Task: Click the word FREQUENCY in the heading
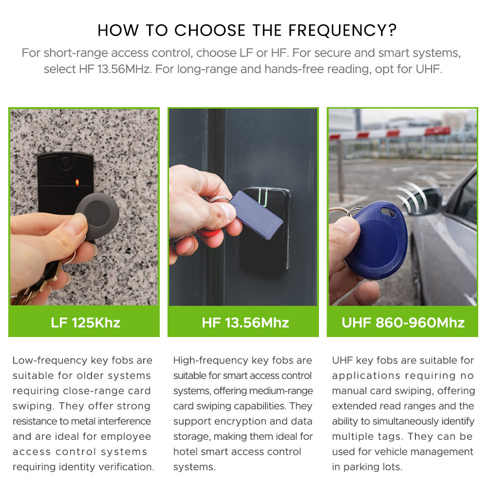(342, 30)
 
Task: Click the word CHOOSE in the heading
(210, 30)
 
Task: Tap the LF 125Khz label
(85, 323)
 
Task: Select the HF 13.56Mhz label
(245, 323)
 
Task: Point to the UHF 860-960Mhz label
(403, 323)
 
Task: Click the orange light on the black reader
(77, 182)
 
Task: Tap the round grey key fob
(97, 215)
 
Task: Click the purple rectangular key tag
(257, 215)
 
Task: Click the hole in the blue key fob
(388, 213)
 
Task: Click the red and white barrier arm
(390, 132)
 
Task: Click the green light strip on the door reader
(264, 197)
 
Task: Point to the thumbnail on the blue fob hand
(345, 225)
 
